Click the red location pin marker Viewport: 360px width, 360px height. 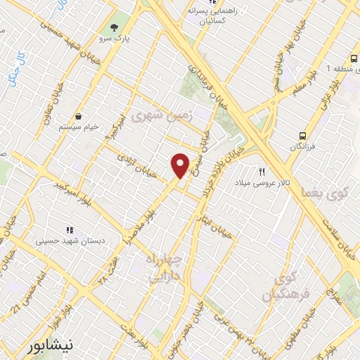(x=180, y=165)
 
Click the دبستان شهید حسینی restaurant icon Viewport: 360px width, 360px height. (x=69, y=229)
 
